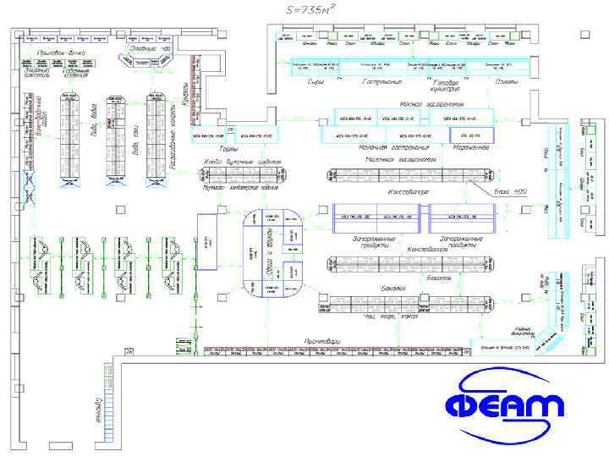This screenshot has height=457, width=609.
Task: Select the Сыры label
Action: click(315, 82)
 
